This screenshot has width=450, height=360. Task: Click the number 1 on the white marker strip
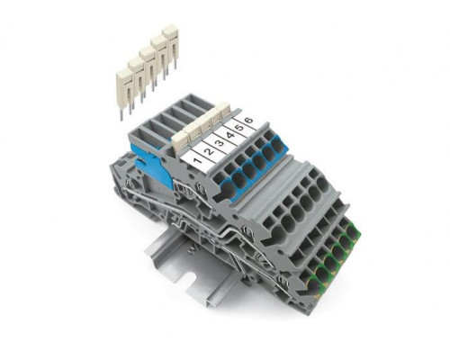click(x=197, y=160)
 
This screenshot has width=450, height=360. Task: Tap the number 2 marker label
click(x=209, y=150)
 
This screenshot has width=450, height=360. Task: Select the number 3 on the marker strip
click(x=220, y=142)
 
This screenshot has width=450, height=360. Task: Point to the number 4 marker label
click(x=230, y=135)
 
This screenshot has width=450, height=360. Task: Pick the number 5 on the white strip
click(x=239, y=128)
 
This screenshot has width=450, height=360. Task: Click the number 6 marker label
click(x=249, y=121)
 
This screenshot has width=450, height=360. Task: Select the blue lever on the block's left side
click(x=152, y=164)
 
